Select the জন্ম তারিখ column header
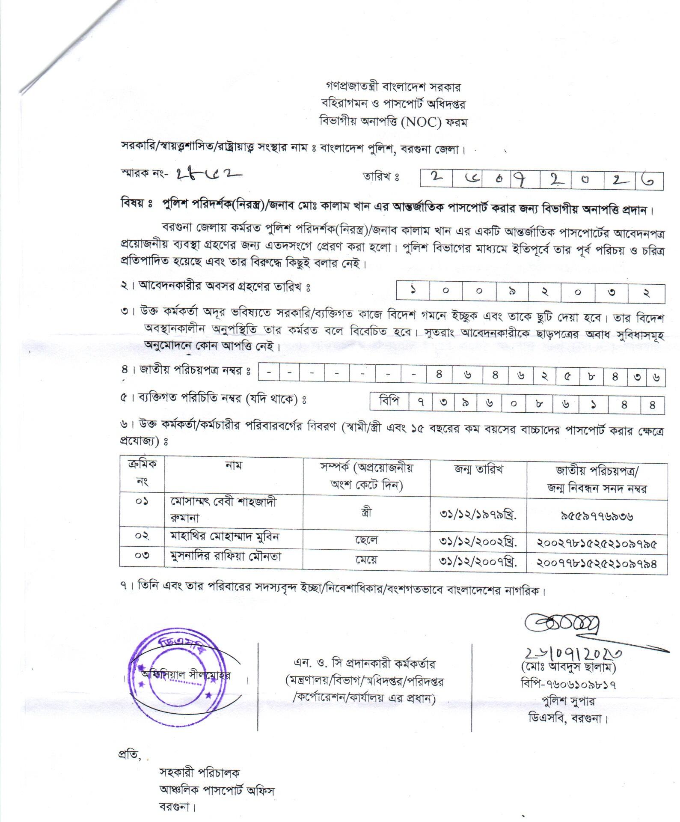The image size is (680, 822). tap(478, 469)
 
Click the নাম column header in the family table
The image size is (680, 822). tap(233, 465)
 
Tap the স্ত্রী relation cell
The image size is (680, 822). tap(366, 512)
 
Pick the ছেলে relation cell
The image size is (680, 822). tap(366, 540)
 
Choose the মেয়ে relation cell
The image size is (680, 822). tap(366, 560)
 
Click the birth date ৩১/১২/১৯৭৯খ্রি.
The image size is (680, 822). tap(478, 513)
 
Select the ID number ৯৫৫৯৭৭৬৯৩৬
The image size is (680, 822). tap(597, 516)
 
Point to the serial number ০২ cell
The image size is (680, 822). tap(142, 536)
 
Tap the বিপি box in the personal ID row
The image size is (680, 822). tap(389, 402)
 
